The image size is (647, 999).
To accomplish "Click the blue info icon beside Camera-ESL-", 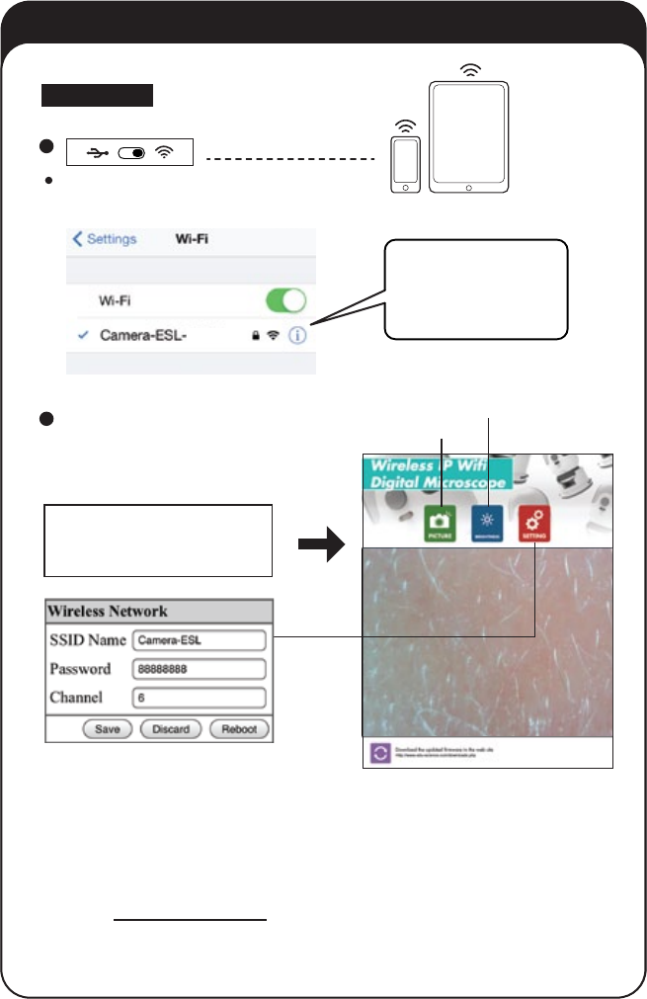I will click(x=298, y=335).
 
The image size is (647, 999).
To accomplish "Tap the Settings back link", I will click(x=105, y=239).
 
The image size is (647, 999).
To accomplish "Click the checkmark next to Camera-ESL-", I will click(x=84, y=335).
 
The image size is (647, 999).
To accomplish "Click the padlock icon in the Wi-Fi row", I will click(x=255, y=336).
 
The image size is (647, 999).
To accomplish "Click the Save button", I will click(x=107, y=729).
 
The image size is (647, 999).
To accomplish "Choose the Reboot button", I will click(x=239, y=729).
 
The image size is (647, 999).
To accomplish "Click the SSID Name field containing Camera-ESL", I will click(x=199, y=640).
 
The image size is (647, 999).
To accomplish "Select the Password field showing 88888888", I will click(x=199, y=669).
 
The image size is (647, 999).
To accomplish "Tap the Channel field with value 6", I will click(x=199, y=698).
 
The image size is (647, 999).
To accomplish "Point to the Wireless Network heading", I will click(x=109, y=611).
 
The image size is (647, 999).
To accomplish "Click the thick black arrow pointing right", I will click(x=320, y=542).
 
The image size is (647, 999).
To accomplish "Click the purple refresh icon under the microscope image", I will click(x=379, y=753).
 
